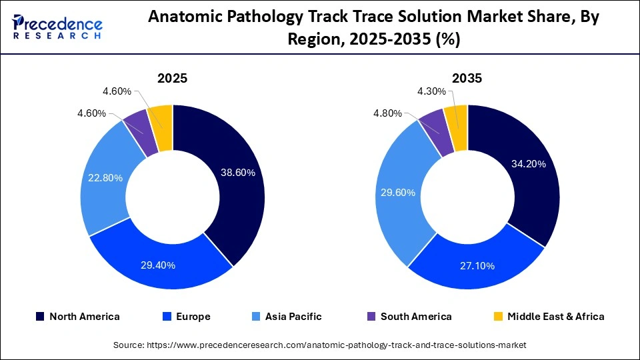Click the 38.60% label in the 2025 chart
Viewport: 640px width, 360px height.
[238, 172]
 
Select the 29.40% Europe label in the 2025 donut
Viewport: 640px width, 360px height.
[158, 265]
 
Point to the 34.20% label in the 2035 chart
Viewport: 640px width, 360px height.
[528, 163]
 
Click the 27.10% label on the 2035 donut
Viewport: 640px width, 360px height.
[477, 266]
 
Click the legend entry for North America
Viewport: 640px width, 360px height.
[77, 317]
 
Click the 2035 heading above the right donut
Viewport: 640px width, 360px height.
[467, 78]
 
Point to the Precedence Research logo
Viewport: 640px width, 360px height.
[57, 27]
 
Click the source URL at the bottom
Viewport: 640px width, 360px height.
[320, 345]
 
